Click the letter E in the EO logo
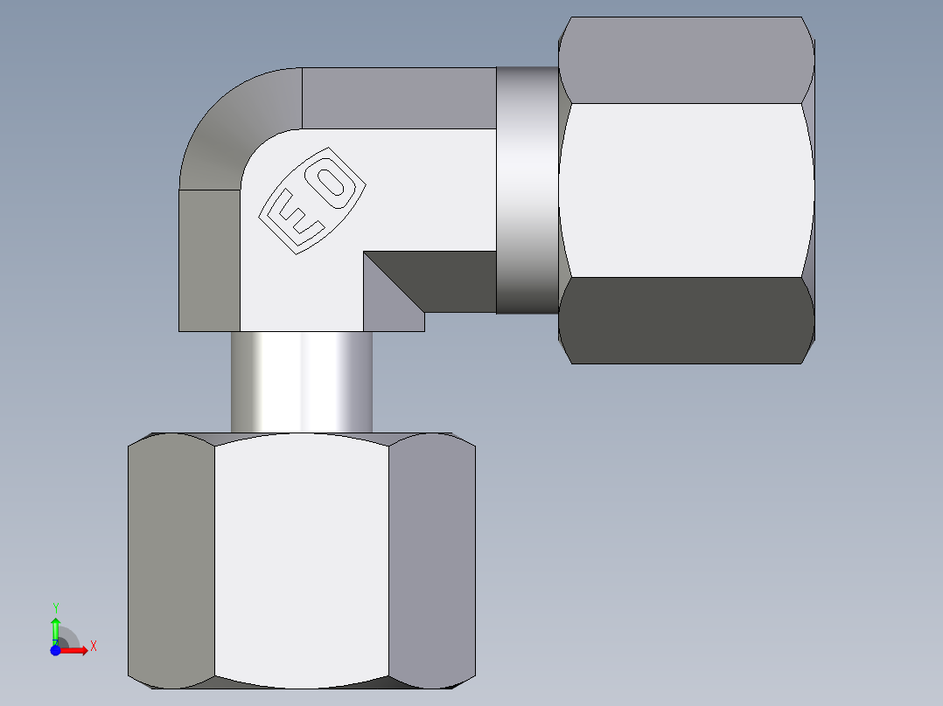click(x=293, y=217)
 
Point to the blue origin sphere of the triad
click(x=55, y=650)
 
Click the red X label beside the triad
click(x=93, y=647)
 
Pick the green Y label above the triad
click(x=55, y=607)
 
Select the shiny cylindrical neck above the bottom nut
click(x=302, y=382)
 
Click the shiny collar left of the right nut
click(x=527, y=190)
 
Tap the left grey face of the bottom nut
click(x=171, y=559)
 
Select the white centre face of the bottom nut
click(x=302, y=559)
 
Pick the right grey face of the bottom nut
click(x=432, y=559)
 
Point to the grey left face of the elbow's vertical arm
click(x=209, y=260)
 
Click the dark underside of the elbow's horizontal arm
click(x=455, y=280)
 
